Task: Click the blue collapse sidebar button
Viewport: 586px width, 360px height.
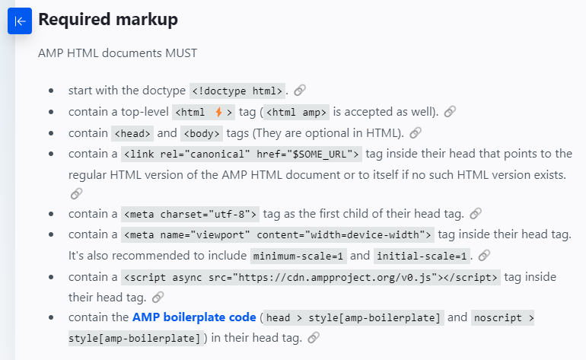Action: click(20, 21)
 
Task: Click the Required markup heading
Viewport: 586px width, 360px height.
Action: click(108, 20)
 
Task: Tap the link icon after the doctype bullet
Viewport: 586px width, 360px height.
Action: click(300, 91)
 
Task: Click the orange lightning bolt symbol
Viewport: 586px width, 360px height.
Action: click(218, 112)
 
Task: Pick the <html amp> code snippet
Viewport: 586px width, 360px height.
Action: click(297, 112)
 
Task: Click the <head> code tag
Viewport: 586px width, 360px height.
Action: click(133, 133)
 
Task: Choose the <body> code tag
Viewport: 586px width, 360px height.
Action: click(202, 133)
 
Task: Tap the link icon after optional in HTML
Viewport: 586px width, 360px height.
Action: click(416, 133)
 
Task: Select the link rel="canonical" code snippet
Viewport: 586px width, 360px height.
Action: click(241, 155)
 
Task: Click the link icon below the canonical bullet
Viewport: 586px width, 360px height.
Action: click(76, 193)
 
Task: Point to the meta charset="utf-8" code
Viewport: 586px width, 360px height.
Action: click(190, 214)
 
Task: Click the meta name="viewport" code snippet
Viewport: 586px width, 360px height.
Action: click(278, 234)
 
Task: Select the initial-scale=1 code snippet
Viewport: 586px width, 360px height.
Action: click(422, 256)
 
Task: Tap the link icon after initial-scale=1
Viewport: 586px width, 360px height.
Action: click(484, 256)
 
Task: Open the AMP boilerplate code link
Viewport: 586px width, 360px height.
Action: click(194, 316)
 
